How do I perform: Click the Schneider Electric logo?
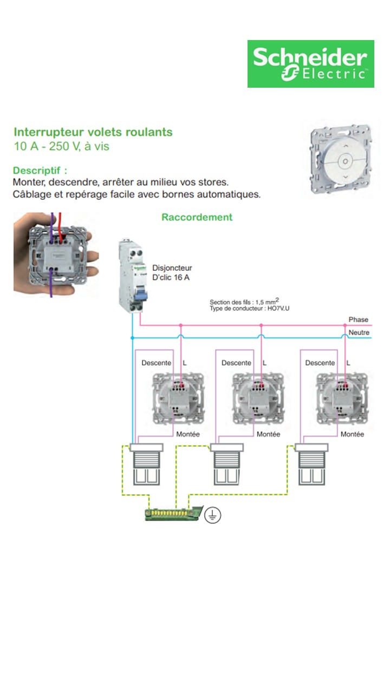click(x=310, y=64)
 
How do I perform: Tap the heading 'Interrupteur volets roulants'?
click(x=93, y=132)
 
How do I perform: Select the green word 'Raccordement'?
click(x=197, y=217)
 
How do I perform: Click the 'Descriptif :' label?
click(x=40, y=171)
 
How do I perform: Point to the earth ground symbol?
click(x=213, y=515)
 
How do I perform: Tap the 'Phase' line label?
click(x=358, y=320)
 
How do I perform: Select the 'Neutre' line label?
click(x=359, y=332)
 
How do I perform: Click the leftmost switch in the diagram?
click(x=178, y=397)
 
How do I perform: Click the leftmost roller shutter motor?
click(x=146, y=463)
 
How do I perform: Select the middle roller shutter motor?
click(x=226, y=463)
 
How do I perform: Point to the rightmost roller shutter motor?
click(x=311, y=463)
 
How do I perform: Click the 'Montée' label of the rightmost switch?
click(x=352, y=434)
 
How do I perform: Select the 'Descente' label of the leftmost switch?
click(x=156, y=363)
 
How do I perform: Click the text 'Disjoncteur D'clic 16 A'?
click(x=172, y=273)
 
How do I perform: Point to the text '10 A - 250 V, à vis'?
click(x=61, y=147)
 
